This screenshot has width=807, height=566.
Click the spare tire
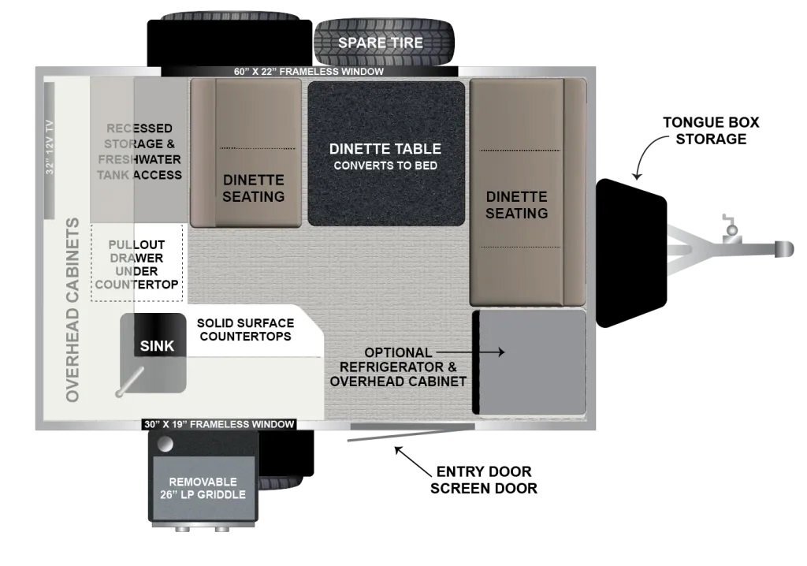(x=385, y=43)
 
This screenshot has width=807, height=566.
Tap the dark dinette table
(x=386, y=154)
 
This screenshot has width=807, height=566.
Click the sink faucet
(x=130, y=382)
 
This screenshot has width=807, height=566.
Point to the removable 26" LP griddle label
(x=203, y=488)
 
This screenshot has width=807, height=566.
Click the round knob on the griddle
(x=165, y=445)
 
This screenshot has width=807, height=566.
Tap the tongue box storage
(x=631, y=253)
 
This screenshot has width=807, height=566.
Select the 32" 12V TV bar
(x=50, y=150)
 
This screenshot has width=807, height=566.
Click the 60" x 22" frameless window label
(x=309, y=72)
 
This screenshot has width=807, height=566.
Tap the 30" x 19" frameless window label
(x=219, y=424)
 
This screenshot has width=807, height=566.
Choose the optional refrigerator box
(x=529, y=362)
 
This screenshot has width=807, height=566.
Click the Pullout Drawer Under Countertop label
(x=137, y=264)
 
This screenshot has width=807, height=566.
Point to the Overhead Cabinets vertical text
(x=73, y=310)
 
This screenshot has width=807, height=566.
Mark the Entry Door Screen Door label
(x=484, y=480)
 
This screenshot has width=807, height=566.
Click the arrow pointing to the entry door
(x=413, y=461)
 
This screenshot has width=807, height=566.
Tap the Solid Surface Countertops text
(x=246, y=330)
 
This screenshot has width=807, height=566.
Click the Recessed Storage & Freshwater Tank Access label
(x=139, y=151)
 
